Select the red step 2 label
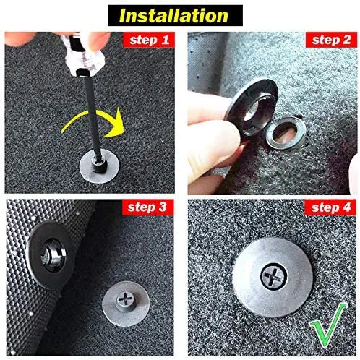[x=333, y=39]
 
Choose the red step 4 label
[x=333, y=207]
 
